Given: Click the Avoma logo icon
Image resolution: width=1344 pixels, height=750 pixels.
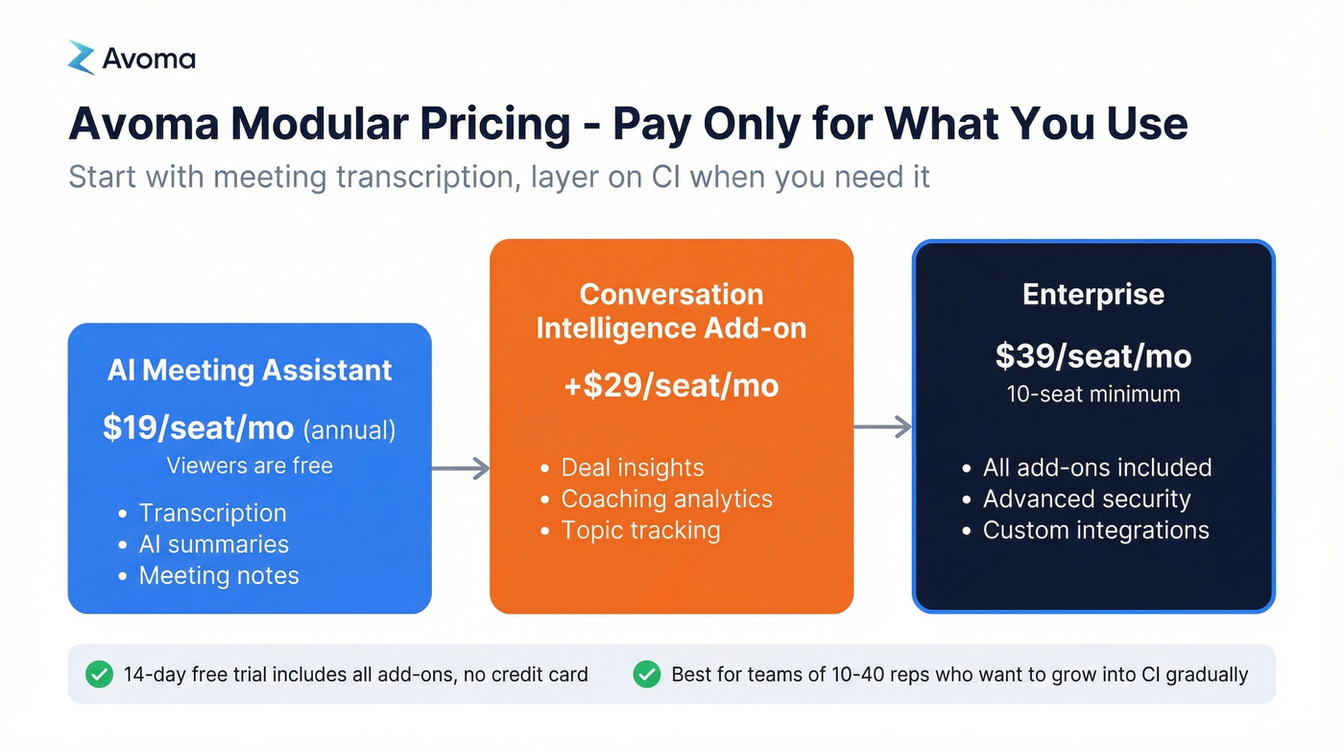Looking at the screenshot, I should [82, 58].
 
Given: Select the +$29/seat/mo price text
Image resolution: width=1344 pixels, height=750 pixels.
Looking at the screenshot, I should [671, 386].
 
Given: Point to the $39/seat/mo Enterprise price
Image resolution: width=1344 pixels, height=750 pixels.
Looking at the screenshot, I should [1093, 356].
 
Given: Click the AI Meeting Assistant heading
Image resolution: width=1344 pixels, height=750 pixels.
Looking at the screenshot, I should [250, 371].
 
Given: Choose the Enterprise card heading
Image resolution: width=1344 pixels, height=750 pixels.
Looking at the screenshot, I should [1093, 294].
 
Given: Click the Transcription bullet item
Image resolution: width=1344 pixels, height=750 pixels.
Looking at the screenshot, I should [212, 513].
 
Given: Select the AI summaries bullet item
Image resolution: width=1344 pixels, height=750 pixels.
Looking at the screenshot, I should [213, 544].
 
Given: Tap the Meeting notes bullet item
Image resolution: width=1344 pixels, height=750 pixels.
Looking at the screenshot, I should [219, 575].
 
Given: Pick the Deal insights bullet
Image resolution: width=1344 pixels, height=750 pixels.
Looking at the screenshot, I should [632, 468].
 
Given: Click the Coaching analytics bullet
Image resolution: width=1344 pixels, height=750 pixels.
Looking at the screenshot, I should [666, 498].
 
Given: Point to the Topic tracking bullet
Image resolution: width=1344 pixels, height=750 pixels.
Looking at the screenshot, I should [640, 530].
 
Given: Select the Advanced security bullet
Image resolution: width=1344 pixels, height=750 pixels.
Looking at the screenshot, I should [1086, 498].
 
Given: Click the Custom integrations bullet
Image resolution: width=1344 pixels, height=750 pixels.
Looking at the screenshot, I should [1095, 530].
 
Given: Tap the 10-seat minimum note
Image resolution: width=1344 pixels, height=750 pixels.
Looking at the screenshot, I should [1093, 394].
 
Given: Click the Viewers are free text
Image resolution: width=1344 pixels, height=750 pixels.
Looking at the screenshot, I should [250, 466].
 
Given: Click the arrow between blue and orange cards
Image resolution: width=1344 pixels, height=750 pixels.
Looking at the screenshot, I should [461, 469].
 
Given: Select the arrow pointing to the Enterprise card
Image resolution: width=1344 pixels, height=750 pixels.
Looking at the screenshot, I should [882, 427].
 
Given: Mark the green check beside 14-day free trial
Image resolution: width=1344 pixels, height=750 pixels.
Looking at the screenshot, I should [99, 674].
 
